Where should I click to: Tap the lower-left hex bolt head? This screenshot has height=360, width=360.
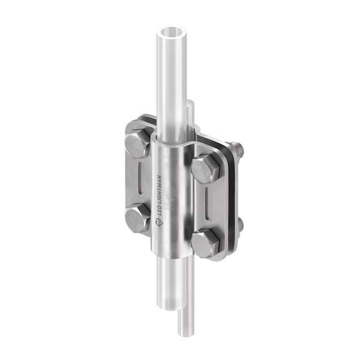(137, 219)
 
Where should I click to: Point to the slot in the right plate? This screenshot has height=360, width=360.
(208, 204)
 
